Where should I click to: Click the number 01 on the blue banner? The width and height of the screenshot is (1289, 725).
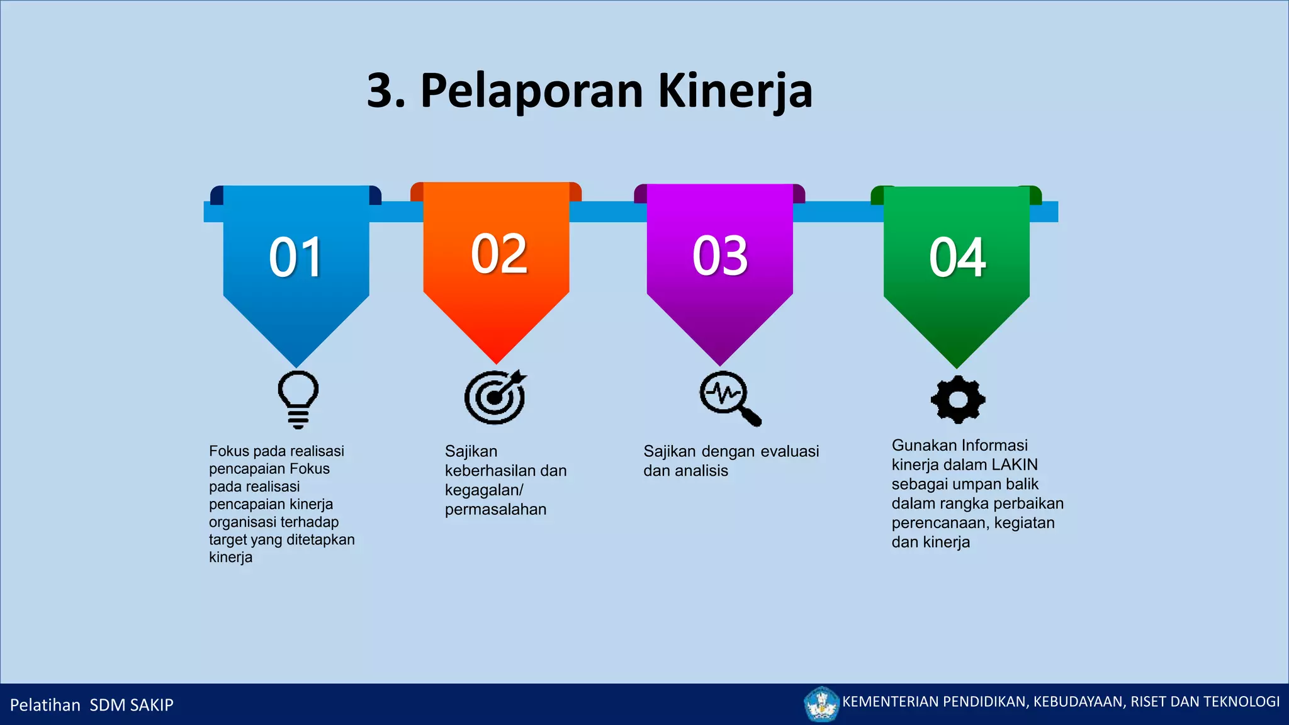(295, 257)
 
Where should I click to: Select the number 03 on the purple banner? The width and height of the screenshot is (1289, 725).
(720, 256)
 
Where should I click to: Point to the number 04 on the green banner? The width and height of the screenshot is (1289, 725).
(957, 257)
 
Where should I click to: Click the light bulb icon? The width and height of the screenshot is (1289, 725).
(298, 399)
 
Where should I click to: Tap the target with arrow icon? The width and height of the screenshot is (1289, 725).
(495, 397)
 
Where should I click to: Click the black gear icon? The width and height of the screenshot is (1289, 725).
(957, 400)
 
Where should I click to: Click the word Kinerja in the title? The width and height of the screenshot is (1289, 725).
(735, 91)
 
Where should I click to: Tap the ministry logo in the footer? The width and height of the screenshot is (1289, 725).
(821, 704)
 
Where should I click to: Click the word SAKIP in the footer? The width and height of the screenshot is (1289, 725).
(152, 705)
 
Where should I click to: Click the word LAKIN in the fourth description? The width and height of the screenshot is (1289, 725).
(1015, 464)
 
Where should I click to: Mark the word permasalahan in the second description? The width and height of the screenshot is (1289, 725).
(495, 509)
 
